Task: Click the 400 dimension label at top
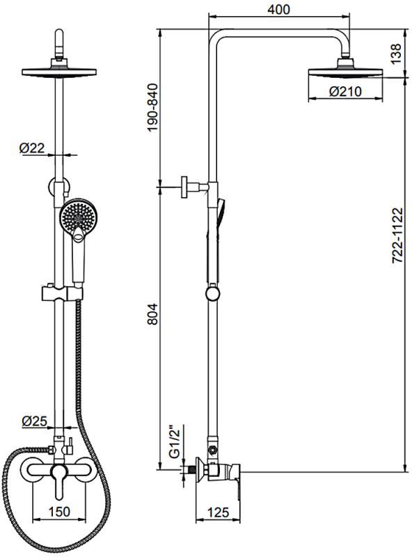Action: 279,10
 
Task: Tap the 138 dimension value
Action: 395,54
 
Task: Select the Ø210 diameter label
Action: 345,92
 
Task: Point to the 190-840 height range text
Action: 152,108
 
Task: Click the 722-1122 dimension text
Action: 398,235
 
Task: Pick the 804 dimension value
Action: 152,314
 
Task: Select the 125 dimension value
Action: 218,512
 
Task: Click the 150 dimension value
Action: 59,512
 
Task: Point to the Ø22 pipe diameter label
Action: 32,148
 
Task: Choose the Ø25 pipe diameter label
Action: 35,421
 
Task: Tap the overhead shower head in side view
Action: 346,69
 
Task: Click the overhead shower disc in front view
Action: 59,71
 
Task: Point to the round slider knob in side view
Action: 212,294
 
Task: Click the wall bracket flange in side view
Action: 184,187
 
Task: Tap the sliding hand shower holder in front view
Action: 63,293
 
